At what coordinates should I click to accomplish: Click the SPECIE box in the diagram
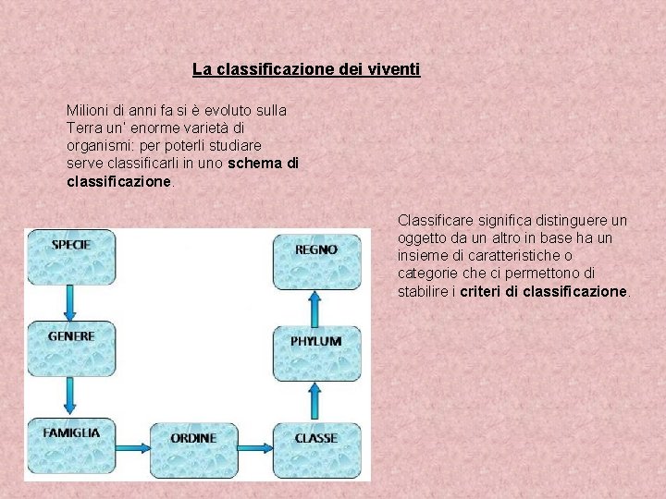70,256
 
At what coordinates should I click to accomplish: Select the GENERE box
70,348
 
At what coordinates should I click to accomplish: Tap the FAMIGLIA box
70,445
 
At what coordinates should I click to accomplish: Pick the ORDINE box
192,448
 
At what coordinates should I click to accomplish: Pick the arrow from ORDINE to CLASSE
253,448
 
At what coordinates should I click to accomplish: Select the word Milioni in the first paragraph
89,110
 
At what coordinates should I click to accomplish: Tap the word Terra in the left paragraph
84,128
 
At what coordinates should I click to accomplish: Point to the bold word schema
255,164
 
